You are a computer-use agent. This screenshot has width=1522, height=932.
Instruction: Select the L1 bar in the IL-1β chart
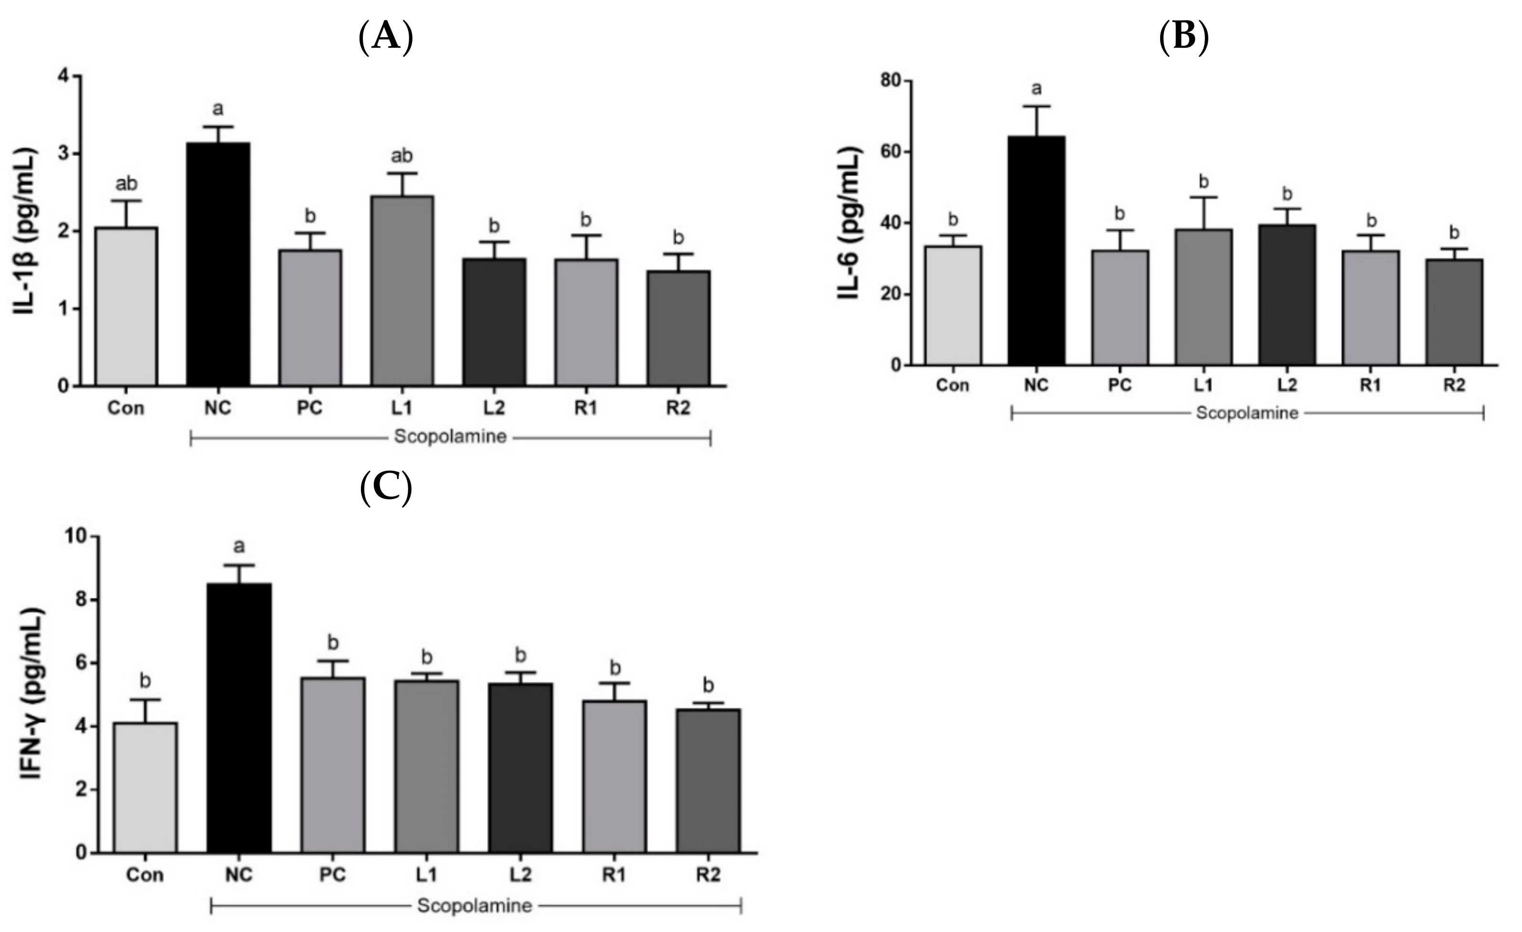(402, 290)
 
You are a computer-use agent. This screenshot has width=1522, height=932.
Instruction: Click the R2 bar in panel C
(708, 781)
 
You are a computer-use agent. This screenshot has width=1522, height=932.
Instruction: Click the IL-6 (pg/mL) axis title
(851, 223)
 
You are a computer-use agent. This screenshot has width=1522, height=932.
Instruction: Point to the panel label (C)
(385, 487)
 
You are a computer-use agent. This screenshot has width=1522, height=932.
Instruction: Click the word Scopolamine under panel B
(1247, 413)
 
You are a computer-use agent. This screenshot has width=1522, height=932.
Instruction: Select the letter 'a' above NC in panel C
(239, 546)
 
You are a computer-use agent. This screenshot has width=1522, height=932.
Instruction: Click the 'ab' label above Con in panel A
(127, 183)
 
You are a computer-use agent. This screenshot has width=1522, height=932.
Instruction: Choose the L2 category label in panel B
(1287, 385)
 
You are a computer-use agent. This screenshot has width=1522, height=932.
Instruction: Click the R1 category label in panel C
(614, 875)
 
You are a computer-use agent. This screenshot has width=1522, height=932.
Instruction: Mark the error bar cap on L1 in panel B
(1203, 197)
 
